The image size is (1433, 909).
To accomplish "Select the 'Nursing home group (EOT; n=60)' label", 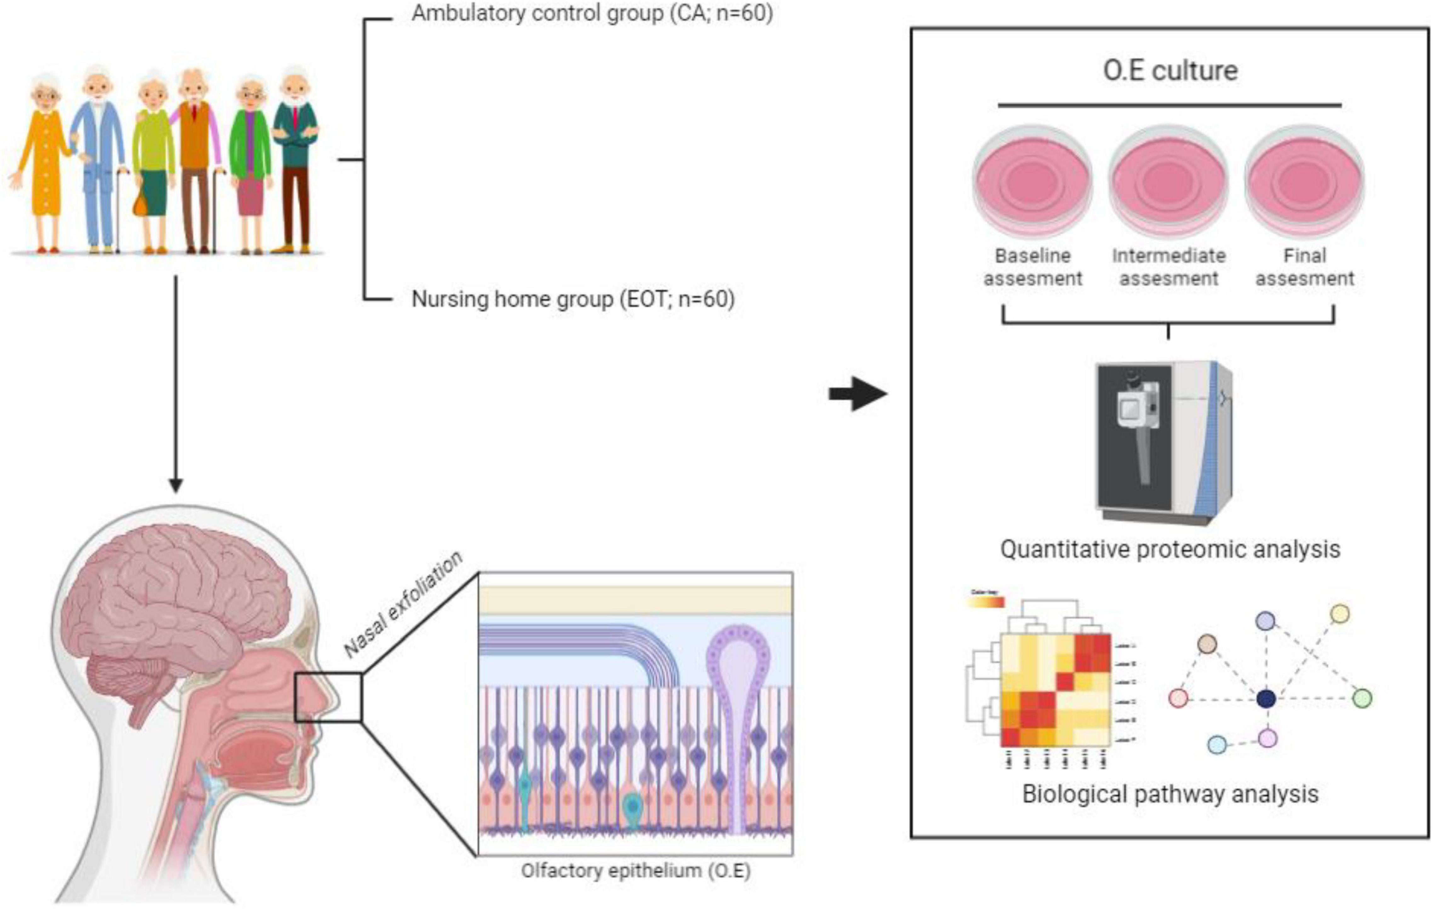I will click(573, 299).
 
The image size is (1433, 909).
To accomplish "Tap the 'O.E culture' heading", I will click(1170, 70).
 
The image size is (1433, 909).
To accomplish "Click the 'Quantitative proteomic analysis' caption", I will click(1170, 549).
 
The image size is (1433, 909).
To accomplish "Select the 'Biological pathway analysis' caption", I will click(1170, 793).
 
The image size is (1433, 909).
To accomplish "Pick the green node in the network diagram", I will click(1362, 698).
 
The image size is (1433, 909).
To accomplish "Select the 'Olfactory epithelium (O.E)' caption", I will click(636, 870).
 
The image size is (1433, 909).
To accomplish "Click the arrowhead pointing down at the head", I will click(175, 485).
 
